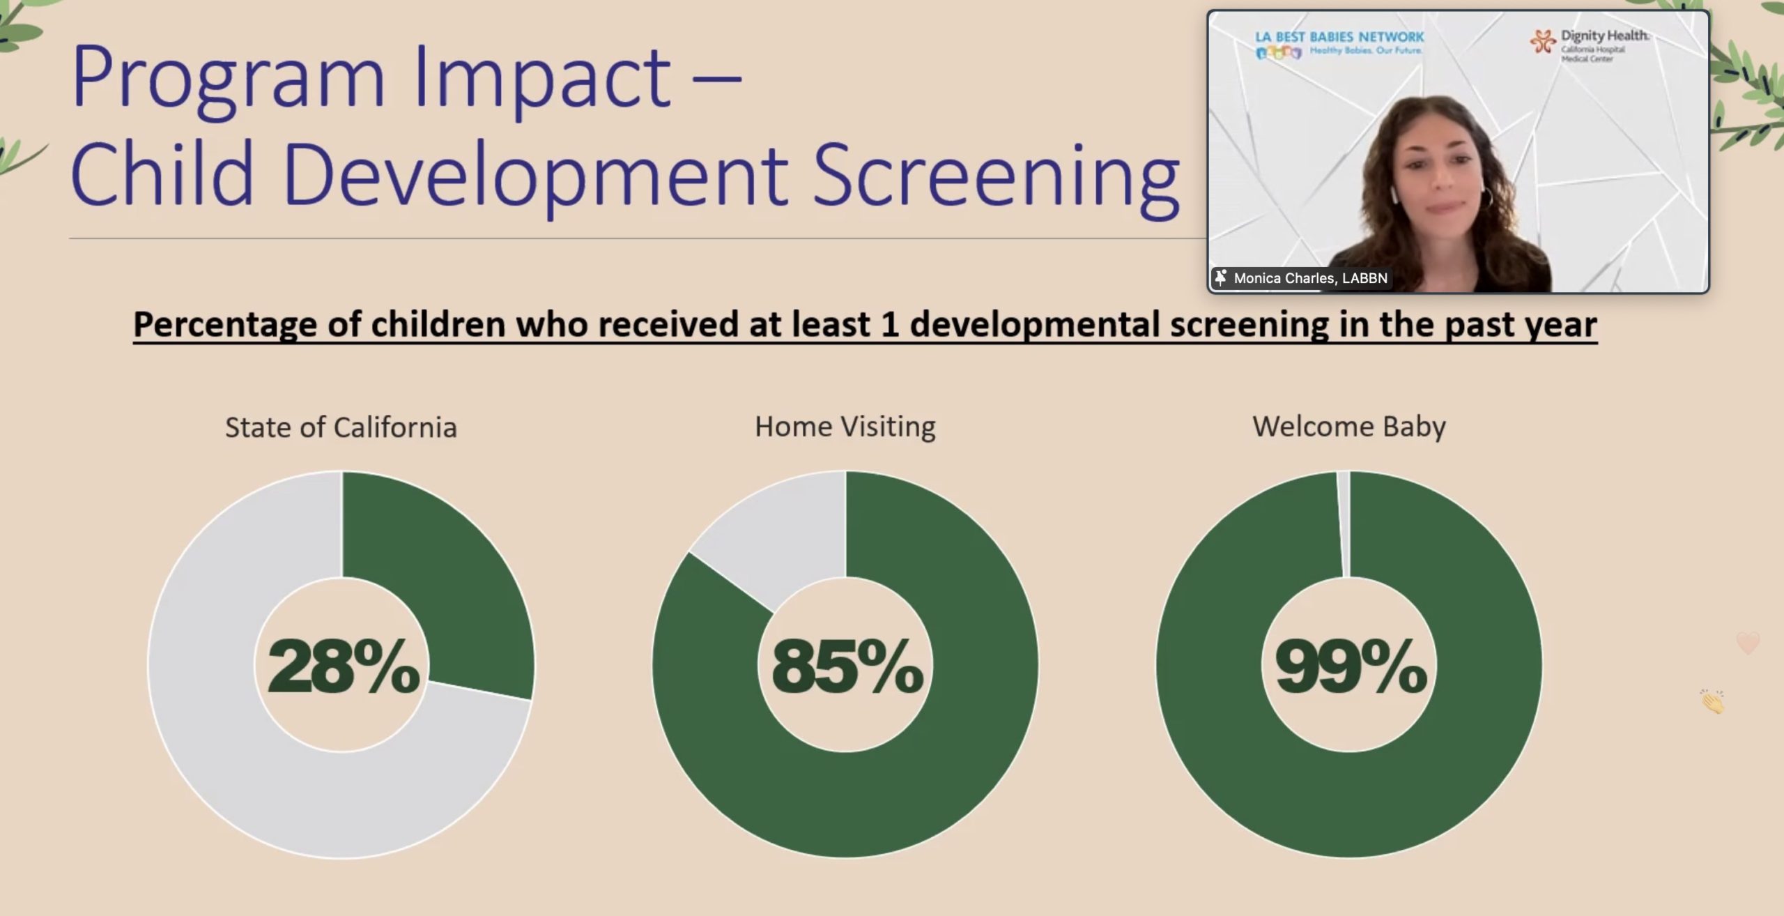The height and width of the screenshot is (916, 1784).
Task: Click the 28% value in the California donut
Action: tap(344, 666)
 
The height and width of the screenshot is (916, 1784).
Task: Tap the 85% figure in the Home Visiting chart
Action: tap(847, 666)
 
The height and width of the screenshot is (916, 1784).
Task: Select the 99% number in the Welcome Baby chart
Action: tap(1351, 666)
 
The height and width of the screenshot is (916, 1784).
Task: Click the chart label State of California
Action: tap(341, 427)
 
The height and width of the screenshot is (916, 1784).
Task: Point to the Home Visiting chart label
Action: tap(845, 427)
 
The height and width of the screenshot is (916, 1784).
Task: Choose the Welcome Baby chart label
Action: tap(1349, 427)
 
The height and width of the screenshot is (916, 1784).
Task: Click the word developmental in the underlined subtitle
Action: tap(1034, 326)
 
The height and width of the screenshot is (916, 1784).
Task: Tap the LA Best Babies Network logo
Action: tap(1339, 43)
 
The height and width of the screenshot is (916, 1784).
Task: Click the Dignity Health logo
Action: tap(1590, 45)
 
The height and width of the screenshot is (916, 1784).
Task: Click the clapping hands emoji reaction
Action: tap(1712, 701)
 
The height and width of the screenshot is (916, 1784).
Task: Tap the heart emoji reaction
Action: tap(1748, 643)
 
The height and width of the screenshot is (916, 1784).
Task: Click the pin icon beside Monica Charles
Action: tap(1220, 278)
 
